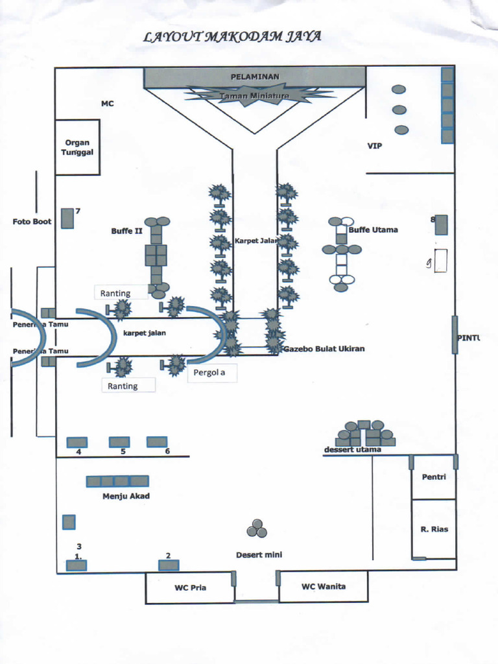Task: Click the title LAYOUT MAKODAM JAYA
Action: [233, 37]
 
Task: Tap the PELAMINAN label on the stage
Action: [255, 77]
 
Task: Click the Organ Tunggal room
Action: [77, 147]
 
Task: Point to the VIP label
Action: [375, 146]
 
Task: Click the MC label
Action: [107, 103]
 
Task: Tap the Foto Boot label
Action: [32, 222]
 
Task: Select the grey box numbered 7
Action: [67, 219]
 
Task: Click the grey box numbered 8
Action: [442, 224]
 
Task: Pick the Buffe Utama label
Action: [373, 230]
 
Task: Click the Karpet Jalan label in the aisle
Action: [255, 241]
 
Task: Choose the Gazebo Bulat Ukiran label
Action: [324, 349]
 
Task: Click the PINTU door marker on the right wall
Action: [455, 335]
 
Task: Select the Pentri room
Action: [434, 477]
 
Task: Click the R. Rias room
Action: [434, 529]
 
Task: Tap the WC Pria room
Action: [189, 588]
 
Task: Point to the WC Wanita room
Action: [324, 587]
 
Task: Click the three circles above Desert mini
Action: [257, 529]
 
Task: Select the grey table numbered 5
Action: [119, 442]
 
